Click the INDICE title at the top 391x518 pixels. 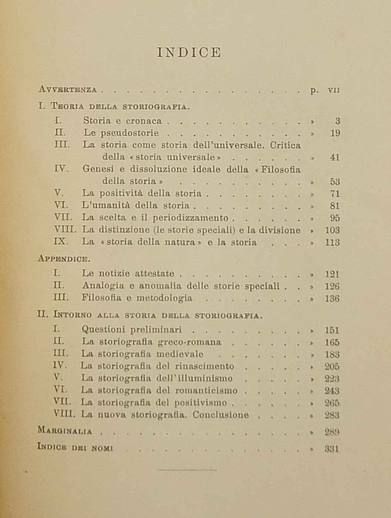(x=189, y=53)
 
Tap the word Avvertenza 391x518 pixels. (x=68, y=89)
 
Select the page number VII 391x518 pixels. (x=334, y=90)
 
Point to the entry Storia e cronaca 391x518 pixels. (x=122, y=121)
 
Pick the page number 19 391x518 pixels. (x=335, y=133)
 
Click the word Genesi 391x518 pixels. (x=97, y=169)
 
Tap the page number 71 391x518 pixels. (x=335, y=193)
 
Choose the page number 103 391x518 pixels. (x=332, y=230)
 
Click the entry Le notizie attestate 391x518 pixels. (x=128, y=274)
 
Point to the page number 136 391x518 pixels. (x=332, y=298)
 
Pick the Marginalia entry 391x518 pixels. (x=65, y=430)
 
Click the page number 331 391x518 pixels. (x=332, y=448)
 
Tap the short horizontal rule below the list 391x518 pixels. (x=188, y=470)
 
